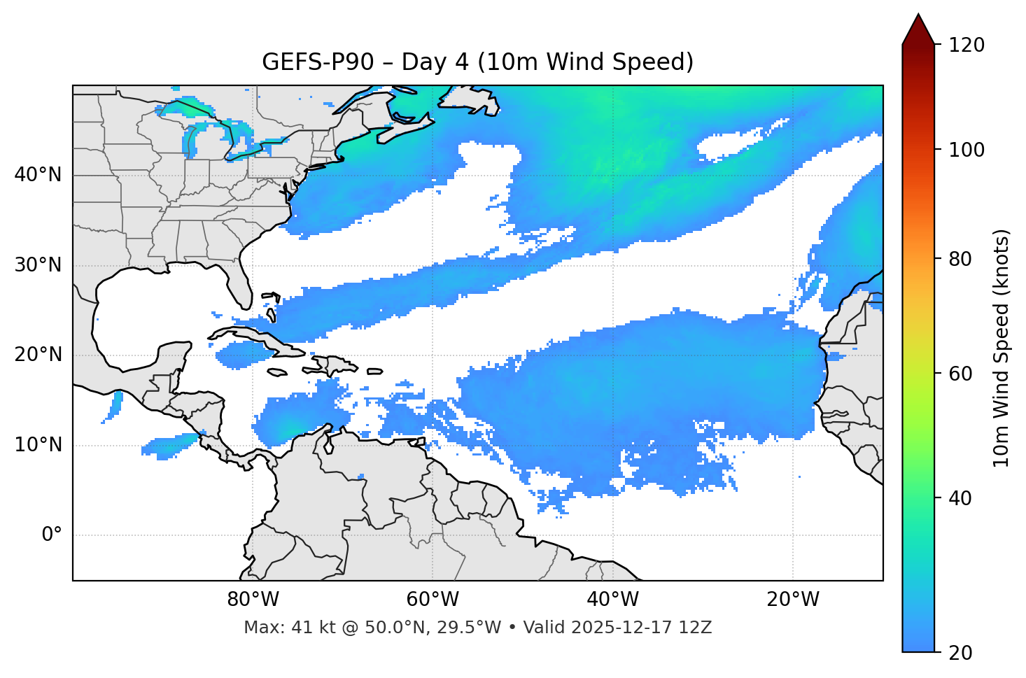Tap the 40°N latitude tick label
tap(38, 175)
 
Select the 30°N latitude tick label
tap(38, 265)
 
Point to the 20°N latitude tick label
tap(38, 355)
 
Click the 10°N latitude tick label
tap(38, 445)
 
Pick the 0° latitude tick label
tap(52, 535)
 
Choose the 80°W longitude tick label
tap(253, 600)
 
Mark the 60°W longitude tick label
tap(433, 600)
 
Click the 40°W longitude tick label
tap(612, 600)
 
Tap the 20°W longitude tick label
tap(792, 600)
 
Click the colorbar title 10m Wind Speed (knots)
tap(1002, 348)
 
